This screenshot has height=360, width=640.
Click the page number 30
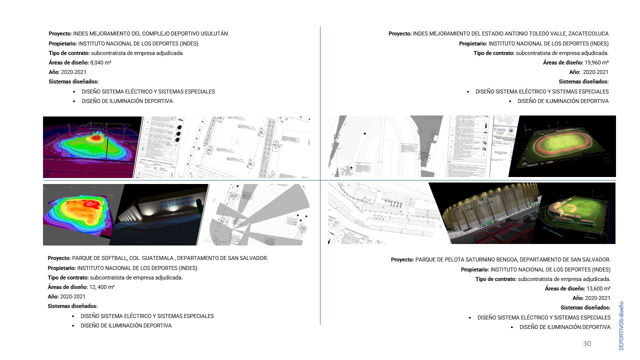(587, 343)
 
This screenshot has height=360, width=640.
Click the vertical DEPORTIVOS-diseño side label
(621, 325)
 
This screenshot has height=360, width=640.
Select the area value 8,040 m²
(100, 62)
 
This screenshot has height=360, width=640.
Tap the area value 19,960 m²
(596, 62)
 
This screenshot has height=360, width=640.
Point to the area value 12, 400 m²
(102, 287)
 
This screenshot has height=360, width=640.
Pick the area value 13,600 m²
(598, 288)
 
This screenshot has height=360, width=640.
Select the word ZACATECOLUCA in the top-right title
(588, 33)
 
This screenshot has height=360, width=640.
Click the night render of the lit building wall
(162, 212)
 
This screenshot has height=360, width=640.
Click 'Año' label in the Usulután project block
(53, 72)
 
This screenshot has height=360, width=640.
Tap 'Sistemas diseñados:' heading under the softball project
(72, 306)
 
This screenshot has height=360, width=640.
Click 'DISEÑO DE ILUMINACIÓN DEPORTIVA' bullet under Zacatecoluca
(563, 101)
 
